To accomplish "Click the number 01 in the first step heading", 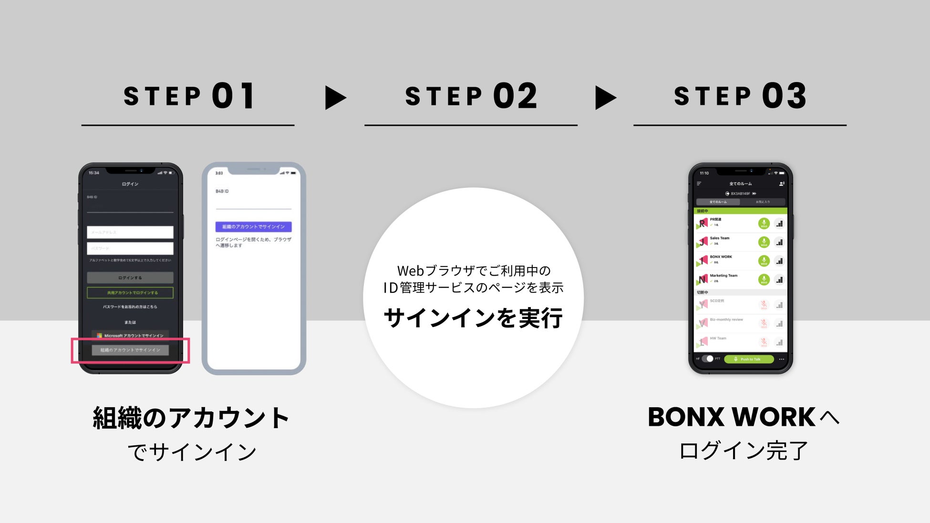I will point(233,96).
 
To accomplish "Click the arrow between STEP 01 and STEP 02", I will point(335,98).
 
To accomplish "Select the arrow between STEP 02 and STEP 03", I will point(605,98).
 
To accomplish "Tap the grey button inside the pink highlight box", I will point(130,350).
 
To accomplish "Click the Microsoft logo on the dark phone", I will point(99,336).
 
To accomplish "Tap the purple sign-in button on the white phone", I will point(253,226).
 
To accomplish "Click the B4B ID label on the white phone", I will point(222,191).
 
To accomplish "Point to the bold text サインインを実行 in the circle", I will point(473,318).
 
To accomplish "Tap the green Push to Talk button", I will point(749,359).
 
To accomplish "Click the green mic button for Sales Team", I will point(764,242).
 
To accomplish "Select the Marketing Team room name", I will point(723,276).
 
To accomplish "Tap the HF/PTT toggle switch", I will point(708,359).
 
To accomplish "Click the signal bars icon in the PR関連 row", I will point(779,223).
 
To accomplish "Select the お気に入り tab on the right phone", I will point(762,202).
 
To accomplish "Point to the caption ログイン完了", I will point(743,451).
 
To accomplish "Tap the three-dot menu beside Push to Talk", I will point(781,359).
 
